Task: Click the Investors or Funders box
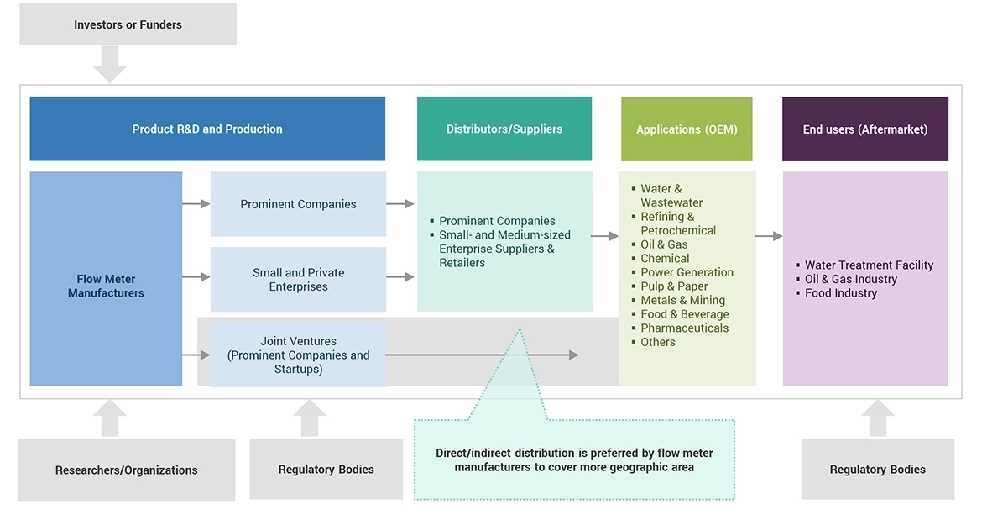[x=128, y=24]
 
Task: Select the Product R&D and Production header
[x=207, y=129]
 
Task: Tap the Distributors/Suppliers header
[x=504, y=129]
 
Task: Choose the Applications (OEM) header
[x=687, y=129]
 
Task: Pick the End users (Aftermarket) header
[x=865, y=129]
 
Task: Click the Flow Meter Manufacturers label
[x=106, y=286]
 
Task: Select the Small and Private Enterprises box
[x=298, y=279]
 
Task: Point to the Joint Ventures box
[x=298, y=355]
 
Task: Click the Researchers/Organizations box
[x=127, y=470]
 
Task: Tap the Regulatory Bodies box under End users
[x=877, y=470]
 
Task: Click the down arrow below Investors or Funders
[x=110, y=64]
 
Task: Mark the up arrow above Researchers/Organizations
[x=110, y=418]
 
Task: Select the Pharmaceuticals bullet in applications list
[x=684, y=328]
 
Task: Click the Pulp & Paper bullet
[x=674, y=286]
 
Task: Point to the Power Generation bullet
[x=687, y=272]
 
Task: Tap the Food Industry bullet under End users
[x=840, y=293]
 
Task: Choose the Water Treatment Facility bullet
[x=869, y=265]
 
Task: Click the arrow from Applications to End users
[x=768, y=236]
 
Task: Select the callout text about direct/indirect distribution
[x=574, y=460]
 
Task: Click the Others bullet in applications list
[x=657, y=342]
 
